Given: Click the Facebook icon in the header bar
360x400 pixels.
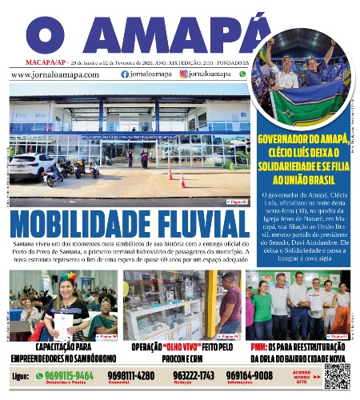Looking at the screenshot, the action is (x=124, y=74).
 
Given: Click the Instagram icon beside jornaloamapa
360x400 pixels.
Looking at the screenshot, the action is (x=183, y=74).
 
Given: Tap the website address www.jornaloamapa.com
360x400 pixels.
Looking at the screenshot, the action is (x=55, y=74).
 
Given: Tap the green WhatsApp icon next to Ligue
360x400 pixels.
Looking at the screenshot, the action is (x=39, y=374).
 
